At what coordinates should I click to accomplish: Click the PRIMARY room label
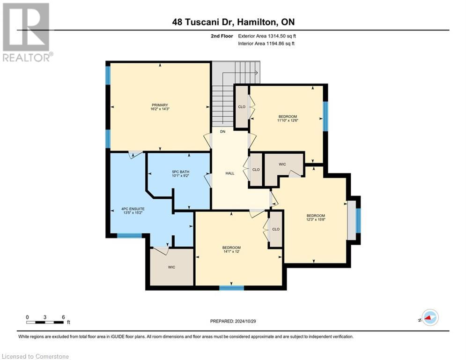click(x=159, y=105)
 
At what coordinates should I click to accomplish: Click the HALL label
click(x=230, y=173)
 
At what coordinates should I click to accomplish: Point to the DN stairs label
click(x=223, y=132)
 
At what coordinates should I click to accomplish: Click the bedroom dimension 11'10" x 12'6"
click(x=288, y=120)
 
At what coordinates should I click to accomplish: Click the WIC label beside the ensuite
click(x=171, y=267)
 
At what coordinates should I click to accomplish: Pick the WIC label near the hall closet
click(x=282, y=164)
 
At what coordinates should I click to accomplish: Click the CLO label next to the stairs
click(x=242, y=106)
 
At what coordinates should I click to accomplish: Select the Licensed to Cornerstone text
click(x=35, y=356)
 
